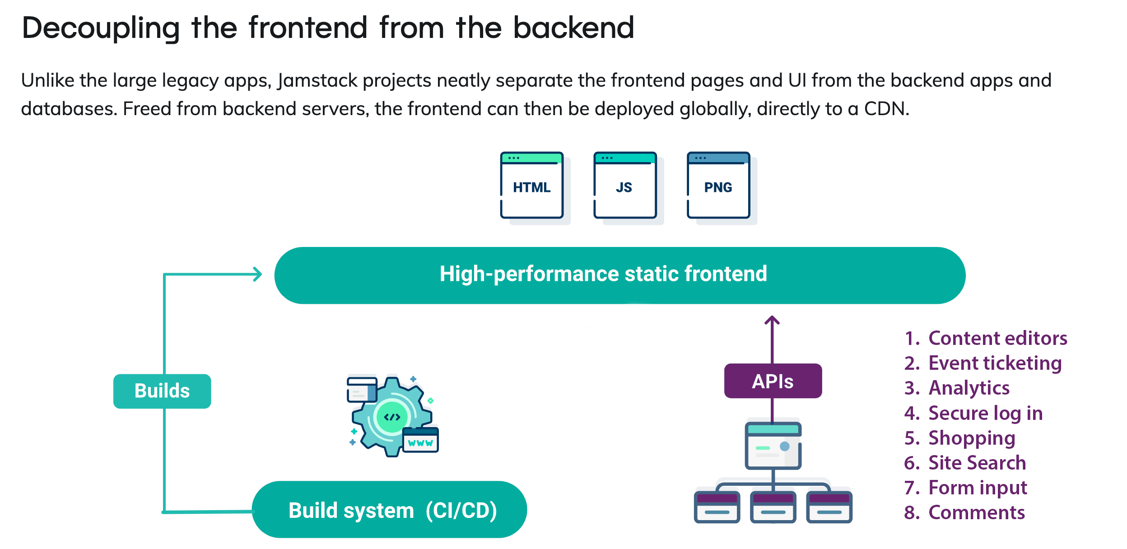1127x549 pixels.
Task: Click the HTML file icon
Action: pyautogui.click(x=532, y=186)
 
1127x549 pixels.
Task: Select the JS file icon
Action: pyautogui.click(x=625, y=186)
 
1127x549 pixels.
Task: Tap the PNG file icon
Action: pyautogui.click(x=718, y=186)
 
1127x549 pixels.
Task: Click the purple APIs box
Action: pyautogui.click(x=773, y=381)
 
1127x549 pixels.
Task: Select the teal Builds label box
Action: pyautogui.click(x=162, y=391)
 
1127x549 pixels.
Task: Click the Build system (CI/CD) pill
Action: pyautogui.click(x=389, y=510)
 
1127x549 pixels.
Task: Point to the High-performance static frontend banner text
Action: pyautogui.click(x=603, y=274)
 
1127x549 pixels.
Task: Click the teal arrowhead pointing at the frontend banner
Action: pyautogui.click(x=258, y=274)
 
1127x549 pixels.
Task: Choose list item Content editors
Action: pyautogui.click(x=997, y=338)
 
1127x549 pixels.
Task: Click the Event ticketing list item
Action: pyautogui.click(x=995, y=363)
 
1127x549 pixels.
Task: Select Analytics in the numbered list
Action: pyautogui.click(x=969, y=388)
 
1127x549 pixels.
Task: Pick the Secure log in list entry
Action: pyautogui.click(x=985, y=413)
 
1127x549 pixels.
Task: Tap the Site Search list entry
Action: pyautogui.click(x=977, y=463)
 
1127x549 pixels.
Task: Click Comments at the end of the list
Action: pyautogui.click(x=976, y=512)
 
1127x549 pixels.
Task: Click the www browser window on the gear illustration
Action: pyautogui.click(x=420, y=440)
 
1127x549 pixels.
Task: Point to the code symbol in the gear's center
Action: pyautogui.click(x=391, y=417)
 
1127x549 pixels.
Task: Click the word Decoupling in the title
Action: pyautogui.click(x=101, y=28)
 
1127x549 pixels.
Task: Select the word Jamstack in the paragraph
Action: pyautogui.click(x=317, y=81)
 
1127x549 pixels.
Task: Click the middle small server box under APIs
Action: pyautogui.click(x=773, y=507)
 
